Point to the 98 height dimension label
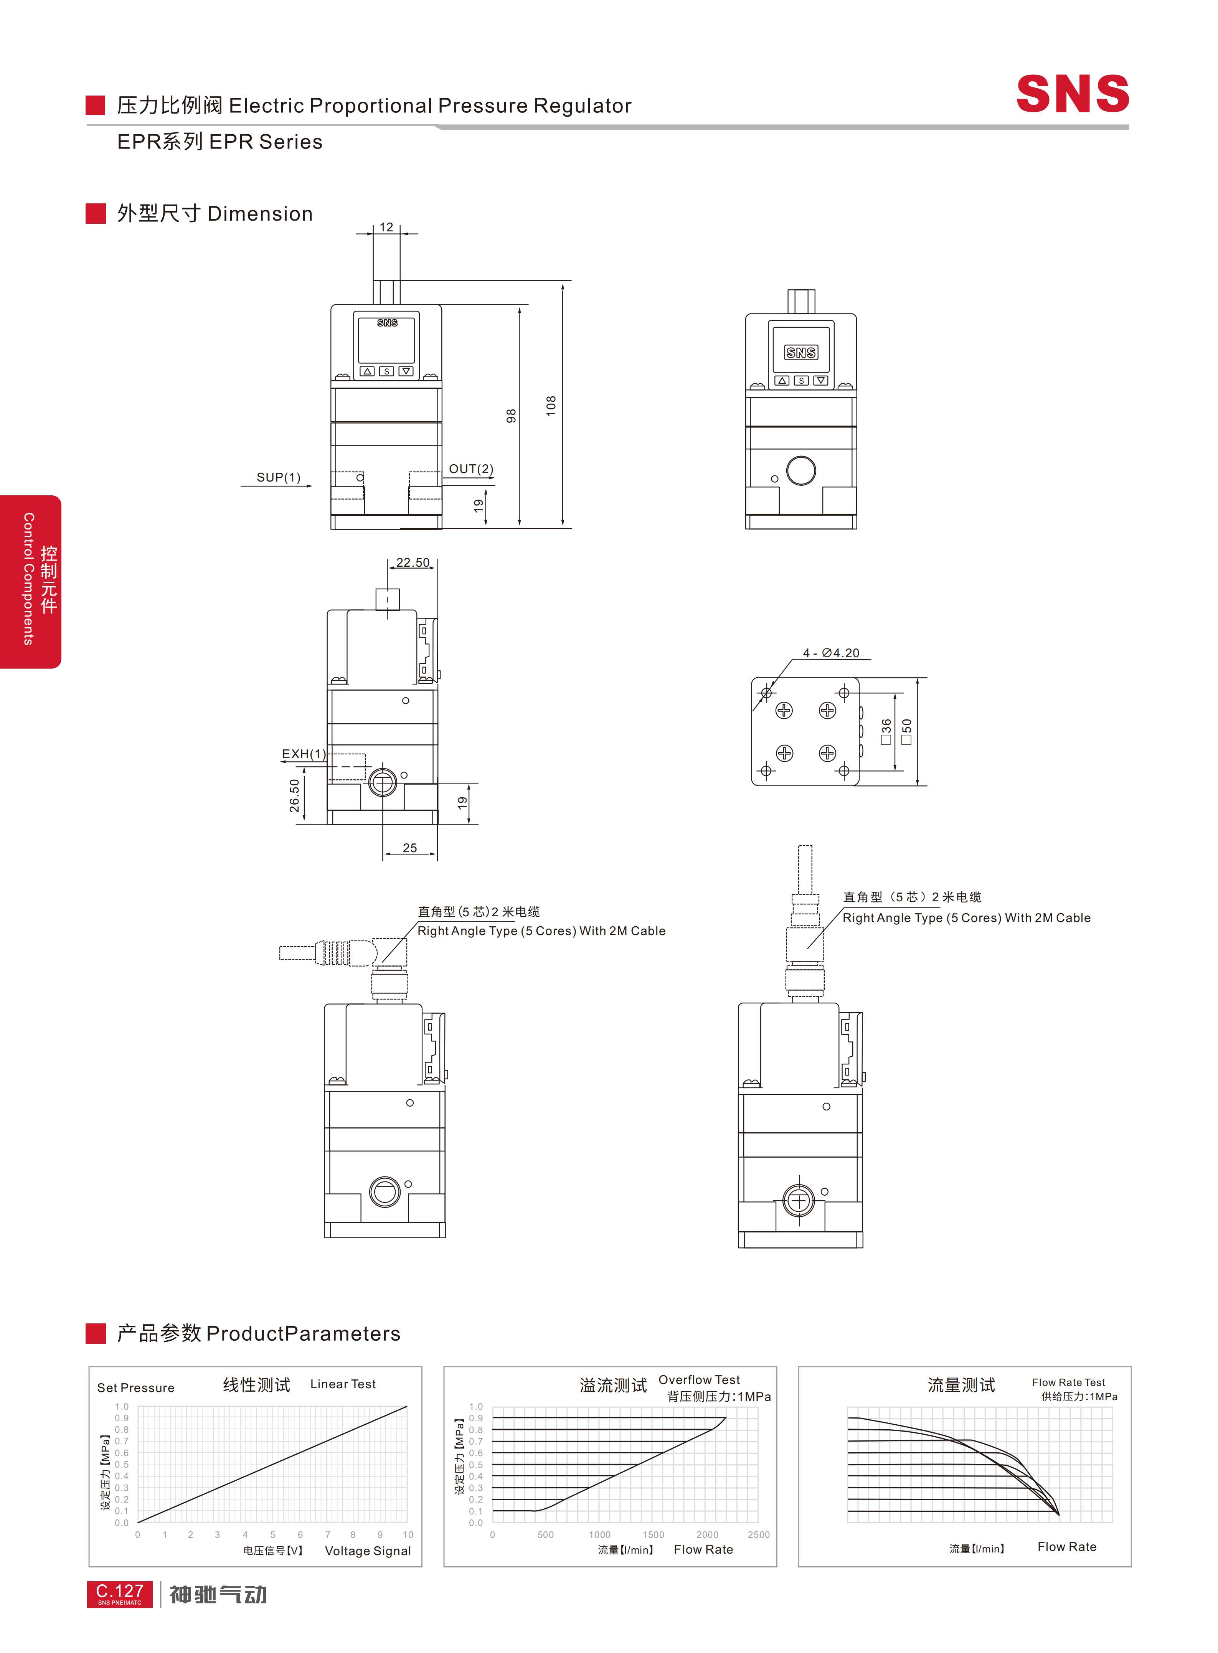[x=511, y=416]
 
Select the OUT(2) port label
[x=471, y=469]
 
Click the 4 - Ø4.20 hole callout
[x=831, y=653]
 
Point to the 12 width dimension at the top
[x=386, y=227]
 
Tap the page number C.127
[x=119, y=1590]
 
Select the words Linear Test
[x=343, y=1384]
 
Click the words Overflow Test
[x=699, y=1379]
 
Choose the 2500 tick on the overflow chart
[x=759, y=1534]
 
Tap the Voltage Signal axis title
[x=368, y=1551]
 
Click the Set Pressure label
[x=136, y=1387]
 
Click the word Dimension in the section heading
[x=260, y=214]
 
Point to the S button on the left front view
[x=386, y=371]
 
